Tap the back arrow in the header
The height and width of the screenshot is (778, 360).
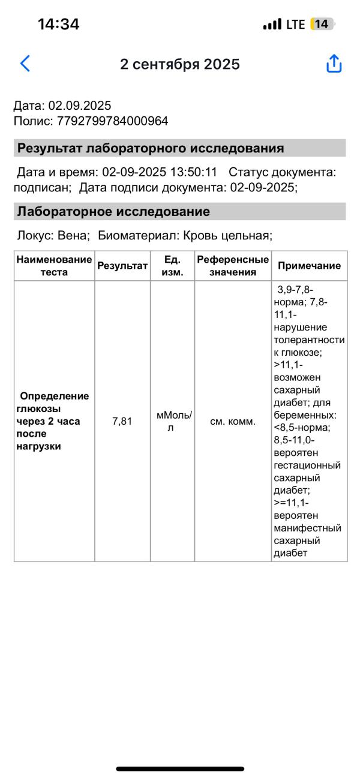25,64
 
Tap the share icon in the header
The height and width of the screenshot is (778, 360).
334,64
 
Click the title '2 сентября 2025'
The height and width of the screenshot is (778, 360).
180,64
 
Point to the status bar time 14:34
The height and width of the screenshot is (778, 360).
58,24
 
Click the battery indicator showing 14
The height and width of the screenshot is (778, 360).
322,24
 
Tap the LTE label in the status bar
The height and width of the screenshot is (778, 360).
296,24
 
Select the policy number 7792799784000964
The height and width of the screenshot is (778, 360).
113,121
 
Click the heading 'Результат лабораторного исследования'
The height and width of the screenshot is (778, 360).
151,148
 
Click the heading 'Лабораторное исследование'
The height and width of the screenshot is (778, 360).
113,212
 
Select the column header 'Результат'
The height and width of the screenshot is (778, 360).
122,266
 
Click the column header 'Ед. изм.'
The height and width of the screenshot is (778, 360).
172,266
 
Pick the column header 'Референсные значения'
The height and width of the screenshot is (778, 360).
233,266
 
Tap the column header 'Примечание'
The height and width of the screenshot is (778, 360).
309,266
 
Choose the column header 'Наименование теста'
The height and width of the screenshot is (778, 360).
55,266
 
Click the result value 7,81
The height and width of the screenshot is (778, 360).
122,421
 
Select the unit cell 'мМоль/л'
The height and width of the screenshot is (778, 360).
172,421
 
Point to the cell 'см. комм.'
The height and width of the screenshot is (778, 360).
233,421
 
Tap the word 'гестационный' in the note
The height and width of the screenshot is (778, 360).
307,465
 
